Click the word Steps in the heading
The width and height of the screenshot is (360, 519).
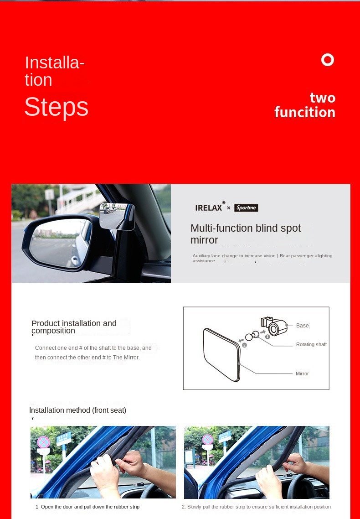[56, 107]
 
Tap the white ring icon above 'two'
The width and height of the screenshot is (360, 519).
[328, 60]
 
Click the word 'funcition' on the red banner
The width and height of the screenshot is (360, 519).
[304, 112]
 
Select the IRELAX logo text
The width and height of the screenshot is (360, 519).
[209, 208]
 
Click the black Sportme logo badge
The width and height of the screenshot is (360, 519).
[246, 208]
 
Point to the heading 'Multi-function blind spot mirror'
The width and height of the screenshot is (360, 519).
[245, 234]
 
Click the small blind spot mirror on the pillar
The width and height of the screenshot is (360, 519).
[117, 216]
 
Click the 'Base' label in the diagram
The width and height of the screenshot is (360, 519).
[302, 326]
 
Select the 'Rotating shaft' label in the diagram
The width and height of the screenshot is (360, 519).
[311, 344]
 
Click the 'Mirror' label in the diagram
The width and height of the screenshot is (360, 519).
[302, 374]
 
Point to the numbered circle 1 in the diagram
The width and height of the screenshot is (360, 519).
[267, 337]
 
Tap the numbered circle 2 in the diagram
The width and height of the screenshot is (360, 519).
[244, 345]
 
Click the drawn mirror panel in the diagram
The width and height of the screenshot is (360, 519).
[221, 353]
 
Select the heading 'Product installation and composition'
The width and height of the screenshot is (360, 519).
[74, 327]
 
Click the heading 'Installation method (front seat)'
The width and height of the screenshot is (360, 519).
[77, 410]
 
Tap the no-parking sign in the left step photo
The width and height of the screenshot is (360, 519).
[43, 441]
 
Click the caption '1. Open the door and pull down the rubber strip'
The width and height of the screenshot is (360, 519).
[87, 507]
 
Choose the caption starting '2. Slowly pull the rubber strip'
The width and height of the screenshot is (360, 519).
[256, 507]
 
